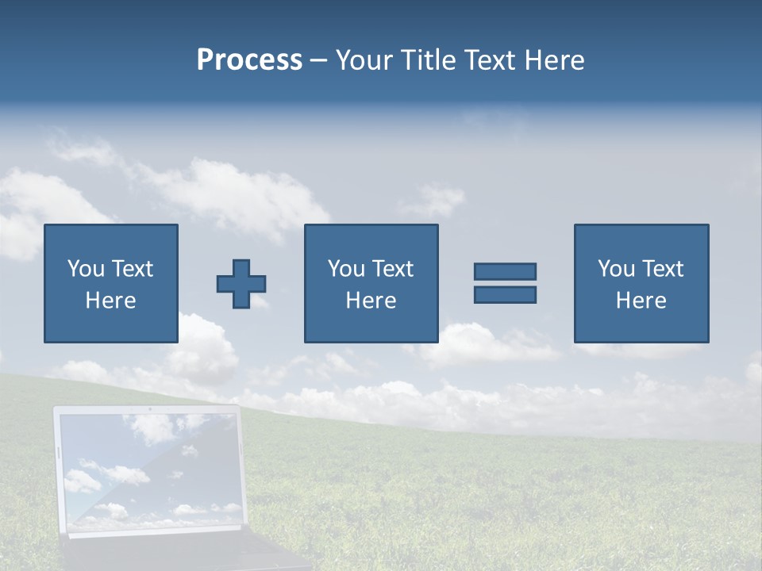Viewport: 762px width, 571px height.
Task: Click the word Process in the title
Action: [x=249, y=60]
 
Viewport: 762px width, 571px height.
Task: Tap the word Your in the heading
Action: [x=363, y=60]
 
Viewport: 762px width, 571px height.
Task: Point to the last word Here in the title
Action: [x=555, y=60]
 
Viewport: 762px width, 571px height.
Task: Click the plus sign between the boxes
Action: [x=241, y=283]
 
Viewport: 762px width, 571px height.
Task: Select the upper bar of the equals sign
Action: [x=505, y=271]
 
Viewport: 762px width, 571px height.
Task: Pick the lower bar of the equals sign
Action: [x=505, y=294]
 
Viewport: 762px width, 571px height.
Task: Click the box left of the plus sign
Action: [x=110, y=283]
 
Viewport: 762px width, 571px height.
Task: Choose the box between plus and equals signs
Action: [x=371, y=283]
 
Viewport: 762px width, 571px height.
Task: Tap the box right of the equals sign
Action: [x=641, y=283]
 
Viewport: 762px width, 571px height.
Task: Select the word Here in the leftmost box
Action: [x=110, y=301]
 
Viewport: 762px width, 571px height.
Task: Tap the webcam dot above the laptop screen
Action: [x=148, y=410]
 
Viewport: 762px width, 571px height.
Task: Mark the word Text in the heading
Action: [x=490, y=60]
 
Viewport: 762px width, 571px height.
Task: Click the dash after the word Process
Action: [x=319, y=61]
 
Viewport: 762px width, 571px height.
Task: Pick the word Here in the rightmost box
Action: [x=641, y=301]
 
